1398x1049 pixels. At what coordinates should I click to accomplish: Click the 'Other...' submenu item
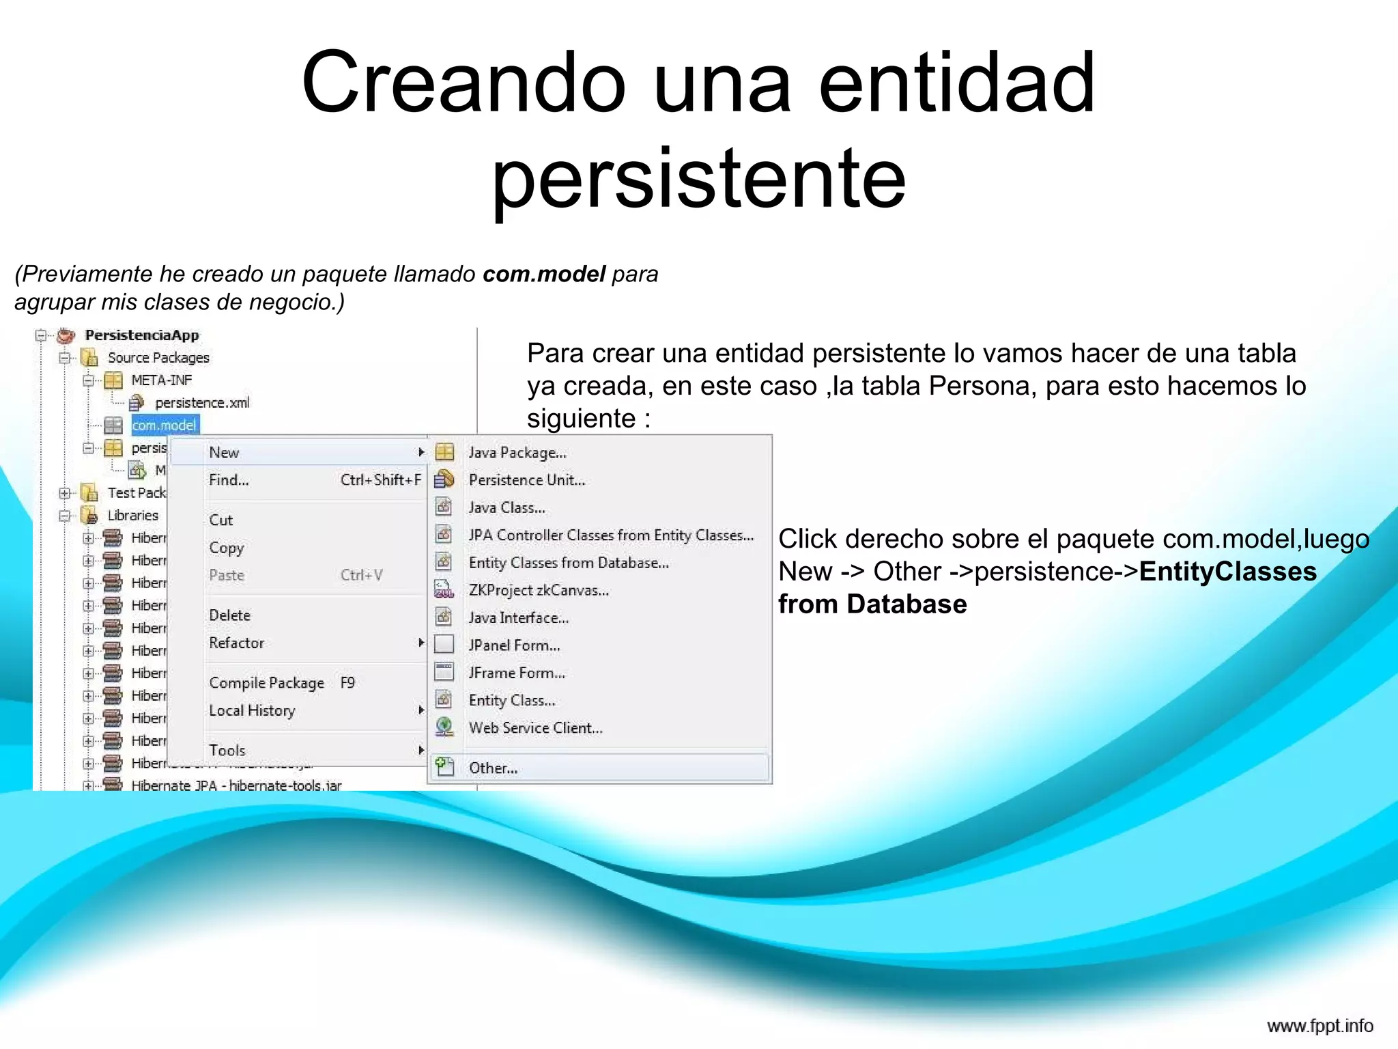493,768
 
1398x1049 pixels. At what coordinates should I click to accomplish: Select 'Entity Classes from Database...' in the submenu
568,563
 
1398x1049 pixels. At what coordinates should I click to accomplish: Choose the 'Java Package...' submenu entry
517,453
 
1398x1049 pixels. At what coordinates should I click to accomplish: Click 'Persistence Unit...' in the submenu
526,480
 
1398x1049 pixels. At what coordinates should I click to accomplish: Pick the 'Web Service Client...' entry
535,728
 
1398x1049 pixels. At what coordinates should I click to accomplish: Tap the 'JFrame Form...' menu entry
517,673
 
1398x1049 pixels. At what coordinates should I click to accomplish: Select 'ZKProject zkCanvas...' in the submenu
538,590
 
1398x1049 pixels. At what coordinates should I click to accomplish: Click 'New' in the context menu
224,453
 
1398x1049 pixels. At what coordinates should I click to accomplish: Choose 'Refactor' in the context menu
236,643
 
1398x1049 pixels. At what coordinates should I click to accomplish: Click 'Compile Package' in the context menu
266,683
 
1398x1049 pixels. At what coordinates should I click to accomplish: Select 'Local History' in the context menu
252,710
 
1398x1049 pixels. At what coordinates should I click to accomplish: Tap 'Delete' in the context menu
229,615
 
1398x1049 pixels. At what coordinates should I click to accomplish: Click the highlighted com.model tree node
165,425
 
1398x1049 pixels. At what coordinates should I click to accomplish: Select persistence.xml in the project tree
202,403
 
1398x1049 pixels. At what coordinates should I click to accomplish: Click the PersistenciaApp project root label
142,335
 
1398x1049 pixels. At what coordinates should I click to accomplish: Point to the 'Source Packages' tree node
158,358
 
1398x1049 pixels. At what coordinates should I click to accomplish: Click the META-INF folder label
162,380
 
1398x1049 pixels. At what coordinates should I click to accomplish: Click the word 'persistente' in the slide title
698,179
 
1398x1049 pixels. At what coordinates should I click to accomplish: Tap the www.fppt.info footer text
1319,1026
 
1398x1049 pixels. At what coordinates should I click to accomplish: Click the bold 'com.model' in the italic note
543,274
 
